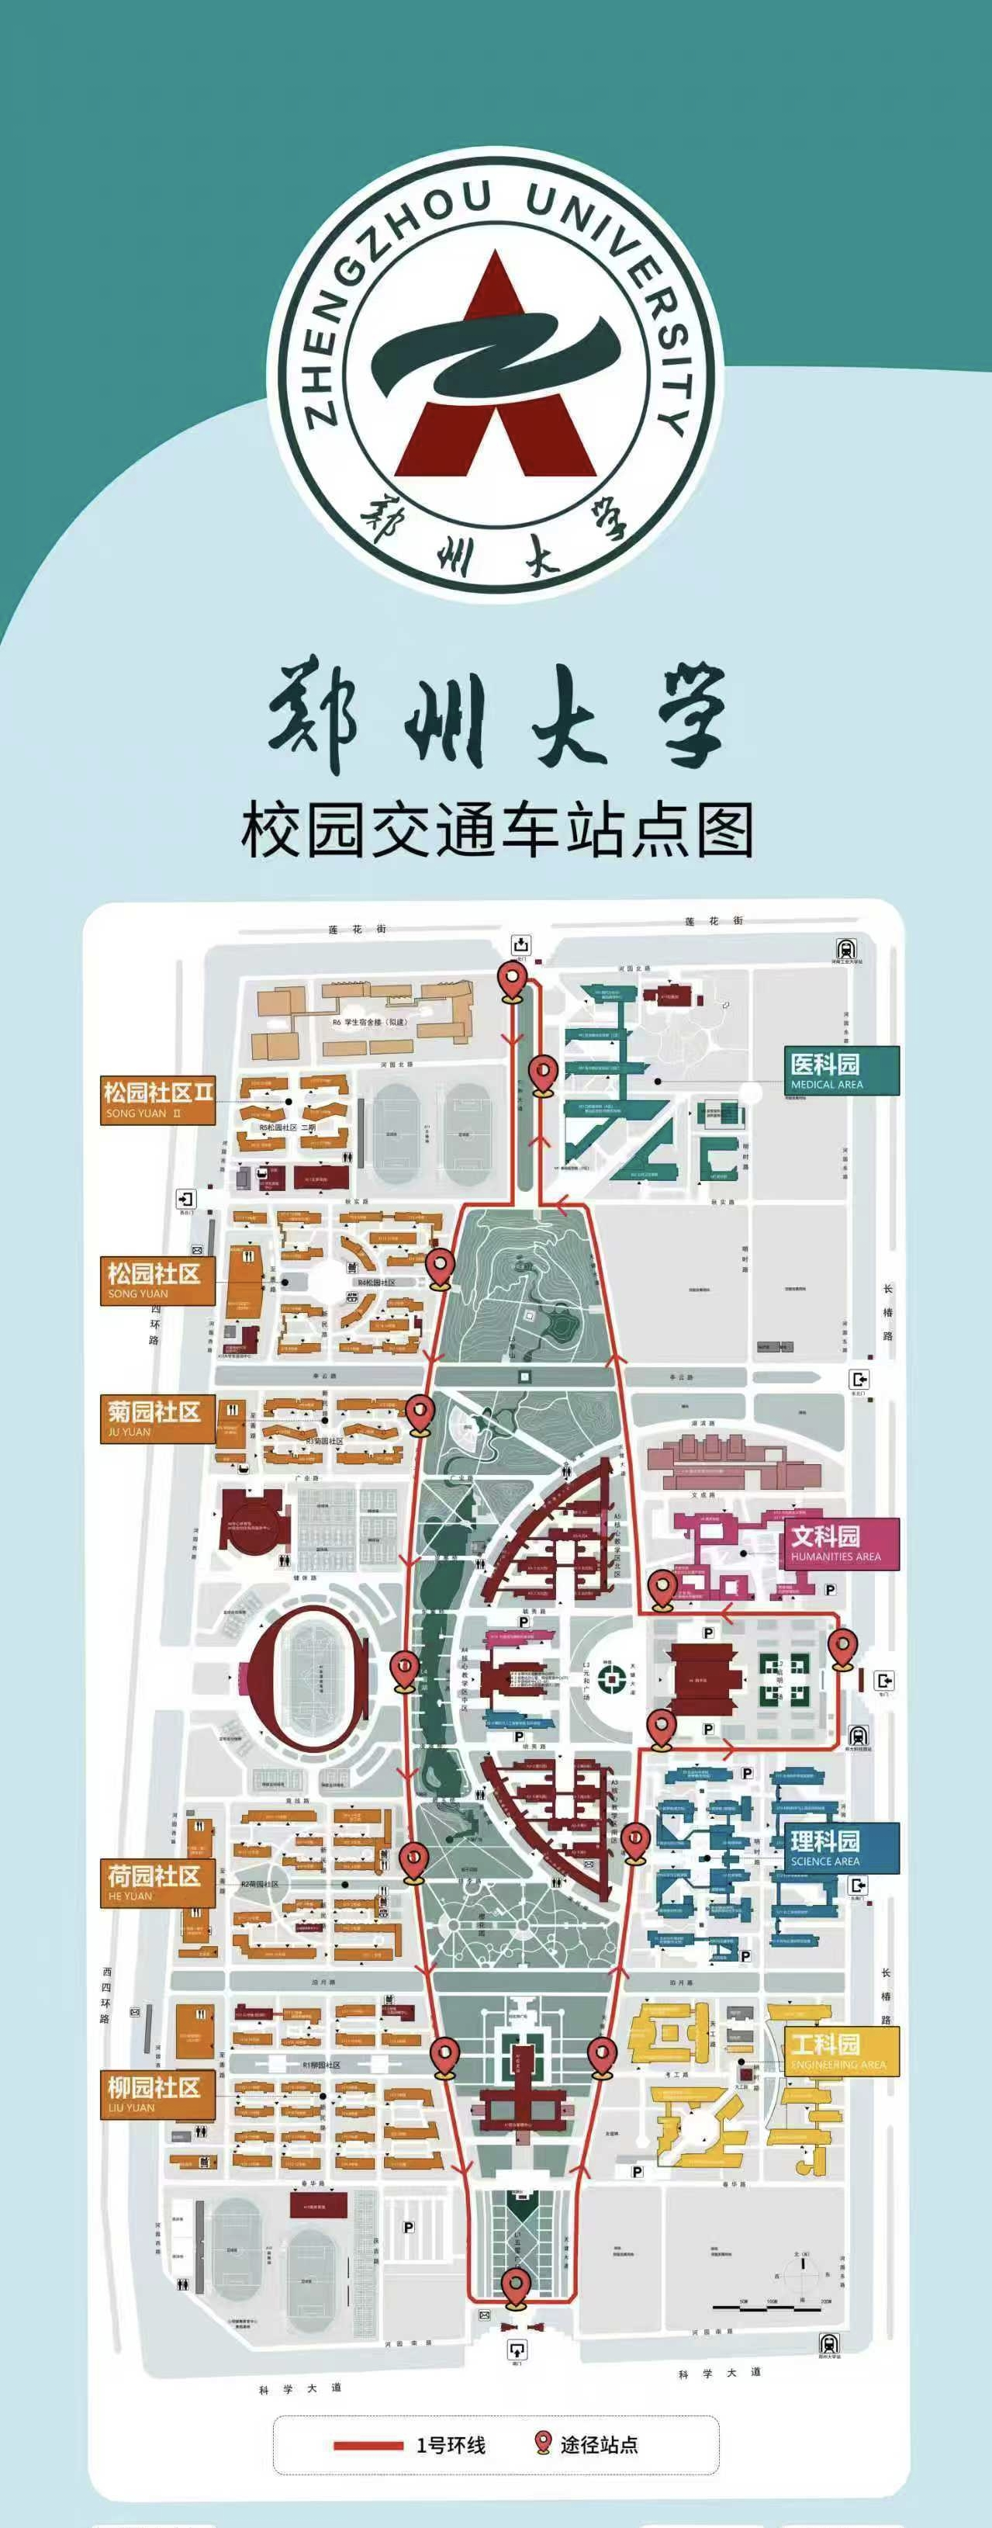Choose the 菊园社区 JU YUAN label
pos(157,1418)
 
